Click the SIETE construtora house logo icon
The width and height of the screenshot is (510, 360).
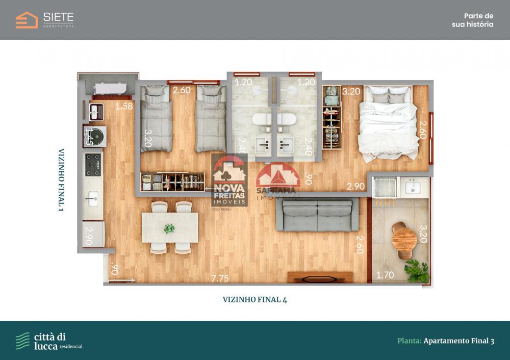click(27, 20)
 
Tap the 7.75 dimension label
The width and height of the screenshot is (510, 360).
click(220, 278)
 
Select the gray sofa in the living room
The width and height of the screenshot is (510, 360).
click(317, 215)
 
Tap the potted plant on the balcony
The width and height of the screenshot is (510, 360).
click(418, 271)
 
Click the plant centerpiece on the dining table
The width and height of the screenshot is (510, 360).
click(169, 228)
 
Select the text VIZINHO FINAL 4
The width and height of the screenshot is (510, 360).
click(255, 300)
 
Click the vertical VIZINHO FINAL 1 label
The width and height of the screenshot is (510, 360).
click(62, 180)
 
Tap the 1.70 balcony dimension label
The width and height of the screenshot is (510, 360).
click(385, 276)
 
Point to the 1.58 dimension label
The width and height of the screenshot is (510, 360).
click(124, 107)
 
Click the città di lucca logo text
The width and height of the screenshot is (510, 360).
click(49, 341)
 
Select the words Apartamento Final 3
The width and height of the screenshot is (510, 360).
click(458, 341)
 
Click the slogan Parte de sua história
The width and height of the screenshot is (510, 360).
click(472, 20)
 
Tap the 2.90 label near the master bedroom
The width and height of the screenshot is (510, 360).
click(355, 186)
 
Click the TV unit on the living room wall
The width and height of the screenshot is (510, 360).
click(320, 277)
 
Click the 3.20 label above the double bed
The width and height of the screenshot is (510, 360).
click(351, 92)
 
